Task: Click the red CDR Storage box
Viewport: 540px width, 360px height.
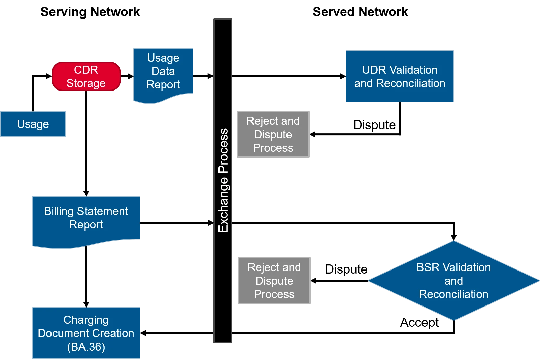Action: click(86, 76)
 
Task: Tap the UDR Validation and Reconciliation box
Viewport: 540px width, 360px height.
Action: click(400, 76)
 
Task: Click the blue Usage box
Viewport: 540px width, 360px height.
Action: click(33, 124)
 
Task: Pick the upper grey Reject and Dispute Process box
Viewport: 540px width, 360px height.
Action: click(272, 135)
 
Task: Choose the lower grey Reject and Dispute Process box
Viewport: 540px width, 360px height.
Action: click(274, 280)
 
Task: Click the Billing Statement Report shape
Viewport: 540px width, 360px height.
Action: click(86, 220)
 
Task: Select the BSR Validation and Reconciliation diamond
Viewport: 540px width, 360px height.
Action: click(453, 281)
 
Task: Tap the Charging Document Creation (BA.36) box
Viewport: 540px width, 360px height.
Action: click(86, 333)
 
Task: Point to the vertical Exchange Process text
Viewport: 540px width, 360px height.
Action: click(223, 180)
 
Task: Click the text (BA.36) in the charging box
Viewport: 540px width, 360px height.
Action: click(86, 347)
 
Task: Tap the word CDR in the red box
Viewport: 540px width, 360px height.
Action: click(86, 70)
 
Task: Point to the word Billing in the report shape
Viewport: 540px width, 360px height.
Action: click(59, 211)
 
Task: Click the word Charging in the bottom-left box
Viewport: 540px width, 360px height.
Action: click(86, 320)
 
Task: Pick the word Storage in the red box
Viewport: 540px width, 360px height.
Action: click(86, 83)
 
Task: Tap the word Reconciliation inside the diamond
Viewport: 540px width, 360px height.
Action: click(453, 294)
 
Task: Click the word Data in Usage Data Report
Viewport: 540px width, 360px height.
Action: click(163, 71)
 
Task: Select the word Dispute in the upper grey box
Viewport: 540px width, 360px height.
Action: click(273, 134)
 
